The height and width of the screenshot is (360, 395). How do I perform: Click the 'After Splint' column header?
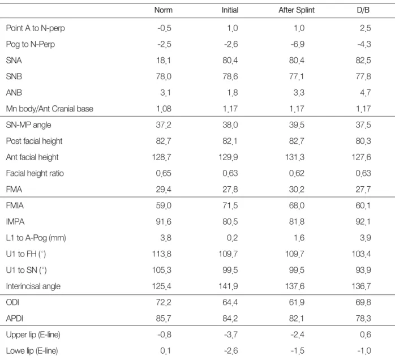pyautogui.click(x=297, y=10)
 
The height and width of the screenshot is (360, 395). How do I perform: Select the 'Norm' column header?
pyautogui.click(x=164, y=10)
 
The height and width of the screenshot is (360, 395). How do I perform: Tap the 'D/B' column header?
pyautogui.click(x=363, y=10)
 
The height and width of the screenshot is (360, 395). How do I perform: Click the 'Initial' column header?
pyautogui.click(x=230, y=10)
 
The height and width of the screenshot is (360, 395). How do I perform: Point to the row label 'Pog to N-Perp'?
pyautogui.click(x=31, y=44)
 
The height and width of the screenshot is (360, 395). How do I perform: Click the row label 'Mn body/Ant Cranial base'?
pyautogui.click(x=50, y=109)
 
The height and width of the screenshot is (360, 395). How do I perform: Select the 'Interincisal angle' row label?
pyautogui.click(x=33, y=286)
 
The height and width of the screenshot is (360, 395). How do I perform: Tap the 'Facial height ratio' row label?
pyautogui.click(x=35, y=173)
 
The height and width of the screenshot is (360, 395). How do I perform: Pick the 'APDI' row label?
pyautogui.click(x=15, y=319)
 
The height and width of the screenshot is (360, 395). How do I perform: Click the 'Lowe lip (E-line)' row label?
pyautogui.click(x=32, y=351)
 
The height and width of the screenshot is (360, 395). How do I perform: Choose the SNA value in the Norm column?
pyautogui.click(x=163, y=61)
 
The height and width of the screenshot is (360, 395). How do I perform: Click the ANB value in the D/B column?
pyautogui.click(x=365, y=93)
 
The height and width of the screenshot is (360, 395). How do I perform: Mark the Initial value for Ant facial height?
pyautogui.click(x=228, y=157)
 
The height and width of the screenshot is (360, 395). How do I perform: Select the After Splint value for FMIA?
pyautogui.click(x=297, y=205)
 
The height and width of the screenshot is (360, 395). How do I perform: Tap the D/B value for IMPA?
pyautogui.click(x=363, y=222)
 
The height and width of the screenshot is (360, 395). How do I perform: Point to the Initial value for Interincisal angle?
pyautogui.click(x=228, y=286)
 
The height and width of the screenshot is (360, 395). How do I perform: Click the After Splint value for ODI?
pyautogui.click(x=297, y=302)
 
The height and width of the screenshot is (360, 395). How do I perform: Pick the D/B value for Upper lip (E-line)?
pyautogui.click(x=365, y=335)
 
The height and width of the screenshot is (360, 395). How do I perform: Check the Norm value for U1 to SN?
pyautogui.click(x=162, y=270)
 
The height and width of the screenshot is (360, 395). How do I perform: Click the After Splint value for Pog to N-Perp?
pyautogui.click(x=298, y=44)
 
